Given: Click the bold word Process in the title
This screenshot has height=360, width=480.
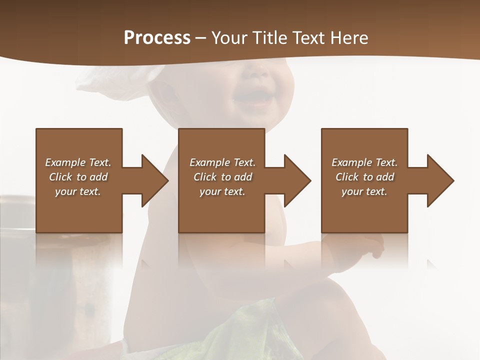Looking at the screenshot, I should (x=157, y=37).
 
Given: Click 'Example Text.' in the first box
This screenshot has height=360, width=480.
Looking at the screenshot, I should (x=78, y=162).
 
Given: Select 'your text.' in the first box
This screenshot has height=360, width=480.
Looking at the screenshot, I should (x=78, y=191).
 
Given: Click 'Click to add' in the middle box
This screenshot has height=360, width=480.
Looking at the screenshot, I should (x=222, y=177).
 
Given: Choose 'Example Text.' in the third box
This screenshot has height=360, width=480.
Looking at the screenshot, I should (x=364, y=162).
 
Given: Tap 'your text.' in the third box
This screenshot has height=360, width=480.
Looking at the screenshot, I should (x=364, y=191).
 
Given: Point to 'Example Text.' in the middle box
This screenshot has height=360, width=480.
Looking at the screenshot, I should (x=222, y=162).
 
